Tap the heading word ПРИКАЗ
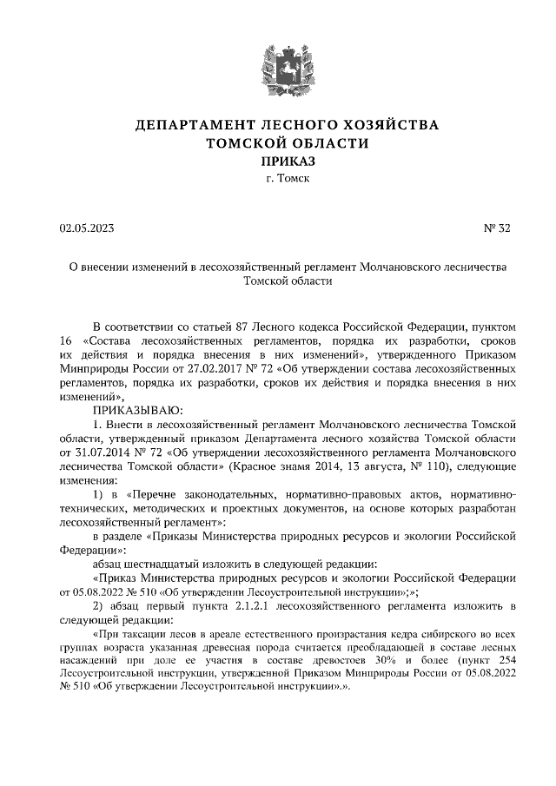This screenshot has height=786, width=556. [x=278, y=161]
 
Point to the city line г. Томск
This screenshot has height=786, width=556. [x=278, y=179]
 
